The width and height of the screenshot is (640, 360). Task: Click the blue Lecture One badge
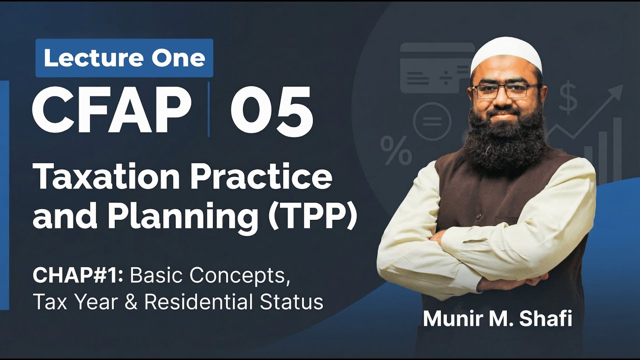(x=124, y=58)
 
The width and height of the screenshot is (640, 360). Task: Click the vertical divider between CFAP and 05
(x=208, y=110)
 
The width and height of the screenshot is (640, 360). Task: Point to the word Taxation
(x=100, y=177)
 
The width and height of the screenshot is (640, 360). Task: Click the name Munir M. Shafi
(x=497, y=318)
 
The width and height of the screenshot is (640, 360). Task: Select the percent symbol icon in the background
(x=396, y=150)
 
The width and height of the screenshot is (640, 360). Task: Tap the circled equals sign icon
(x=431, y=121)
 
